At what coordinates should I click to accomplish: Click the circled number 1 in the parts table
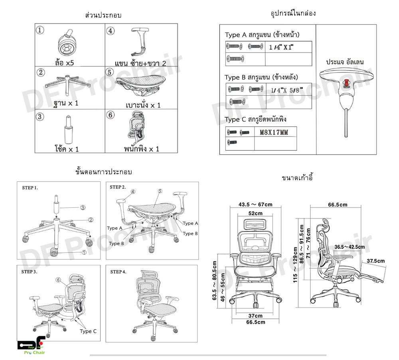[x=40, y=30]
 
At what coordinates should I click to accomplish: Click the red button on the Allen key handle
[x=346, y=83]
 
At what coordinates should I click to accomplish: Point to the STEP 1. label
[x=30, y=187]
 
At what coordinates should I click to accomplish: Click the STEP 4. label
[x=118, y=271]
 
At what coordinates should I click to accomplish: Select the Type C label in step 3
[x=88, y=331]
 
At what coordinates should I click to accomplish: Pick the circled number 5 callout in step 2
[x=159, y=191]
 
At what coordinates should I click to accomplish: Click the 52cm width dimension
[x=255, y=213]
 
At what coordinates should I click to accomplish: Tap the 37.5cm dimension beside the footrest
[x=375, y=261]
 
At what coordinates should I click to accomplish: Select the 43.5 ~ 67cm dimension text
[x=255, y=205]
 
